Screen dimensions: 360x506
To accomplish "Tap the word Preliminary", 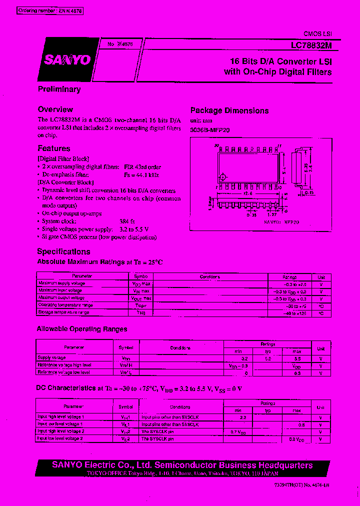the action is click(x=59, y=89).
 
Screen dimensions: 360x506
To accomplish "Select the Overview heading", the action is click(x=55, y=109).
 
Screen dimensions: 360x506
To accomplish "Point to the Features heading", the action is click(x=54, y=148).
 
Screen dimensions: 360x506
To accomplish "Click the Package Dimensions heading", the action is click(x=229, y=110).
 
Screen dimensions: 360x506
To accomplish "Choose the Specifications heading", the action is click(x=63, y=251).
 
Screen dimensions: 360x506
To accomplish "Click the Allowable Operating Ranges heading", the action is click(x=82, y=329).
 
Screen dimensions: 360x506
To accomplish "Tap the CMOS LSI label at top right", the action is click(x=318, y=33).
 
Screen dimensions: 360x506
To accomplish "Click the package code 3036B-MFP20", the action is click(x=210, y=129).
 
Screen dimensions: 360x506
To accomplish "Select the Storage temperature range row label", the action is click(x=63, y=312).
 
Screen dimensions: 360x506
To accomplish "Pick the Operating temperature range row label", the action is click(x=65, y=305).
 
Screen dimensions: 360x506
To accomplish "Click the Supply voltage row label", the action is click(x=52, y=358).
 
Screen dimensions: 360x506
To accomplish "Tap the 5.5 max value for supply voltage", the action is click(x=297, y=358).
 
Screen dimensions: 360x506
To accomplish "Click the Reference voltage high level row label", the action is click(x=64, y=365).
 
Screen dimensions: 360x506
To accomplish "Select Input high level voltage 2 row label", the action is click(x=61, y=431).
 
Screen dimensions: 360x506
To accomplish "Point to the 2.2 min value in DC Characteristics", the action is click(x=243, y=416).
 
